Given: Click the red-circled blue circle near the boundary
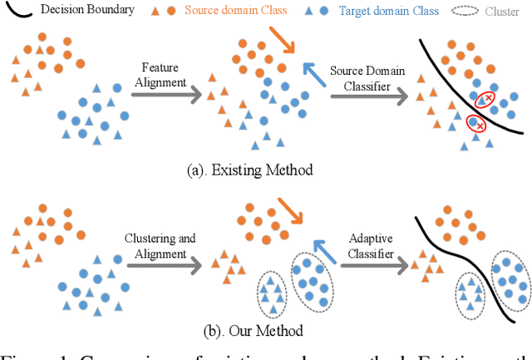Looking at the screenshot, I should (474, 123).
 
